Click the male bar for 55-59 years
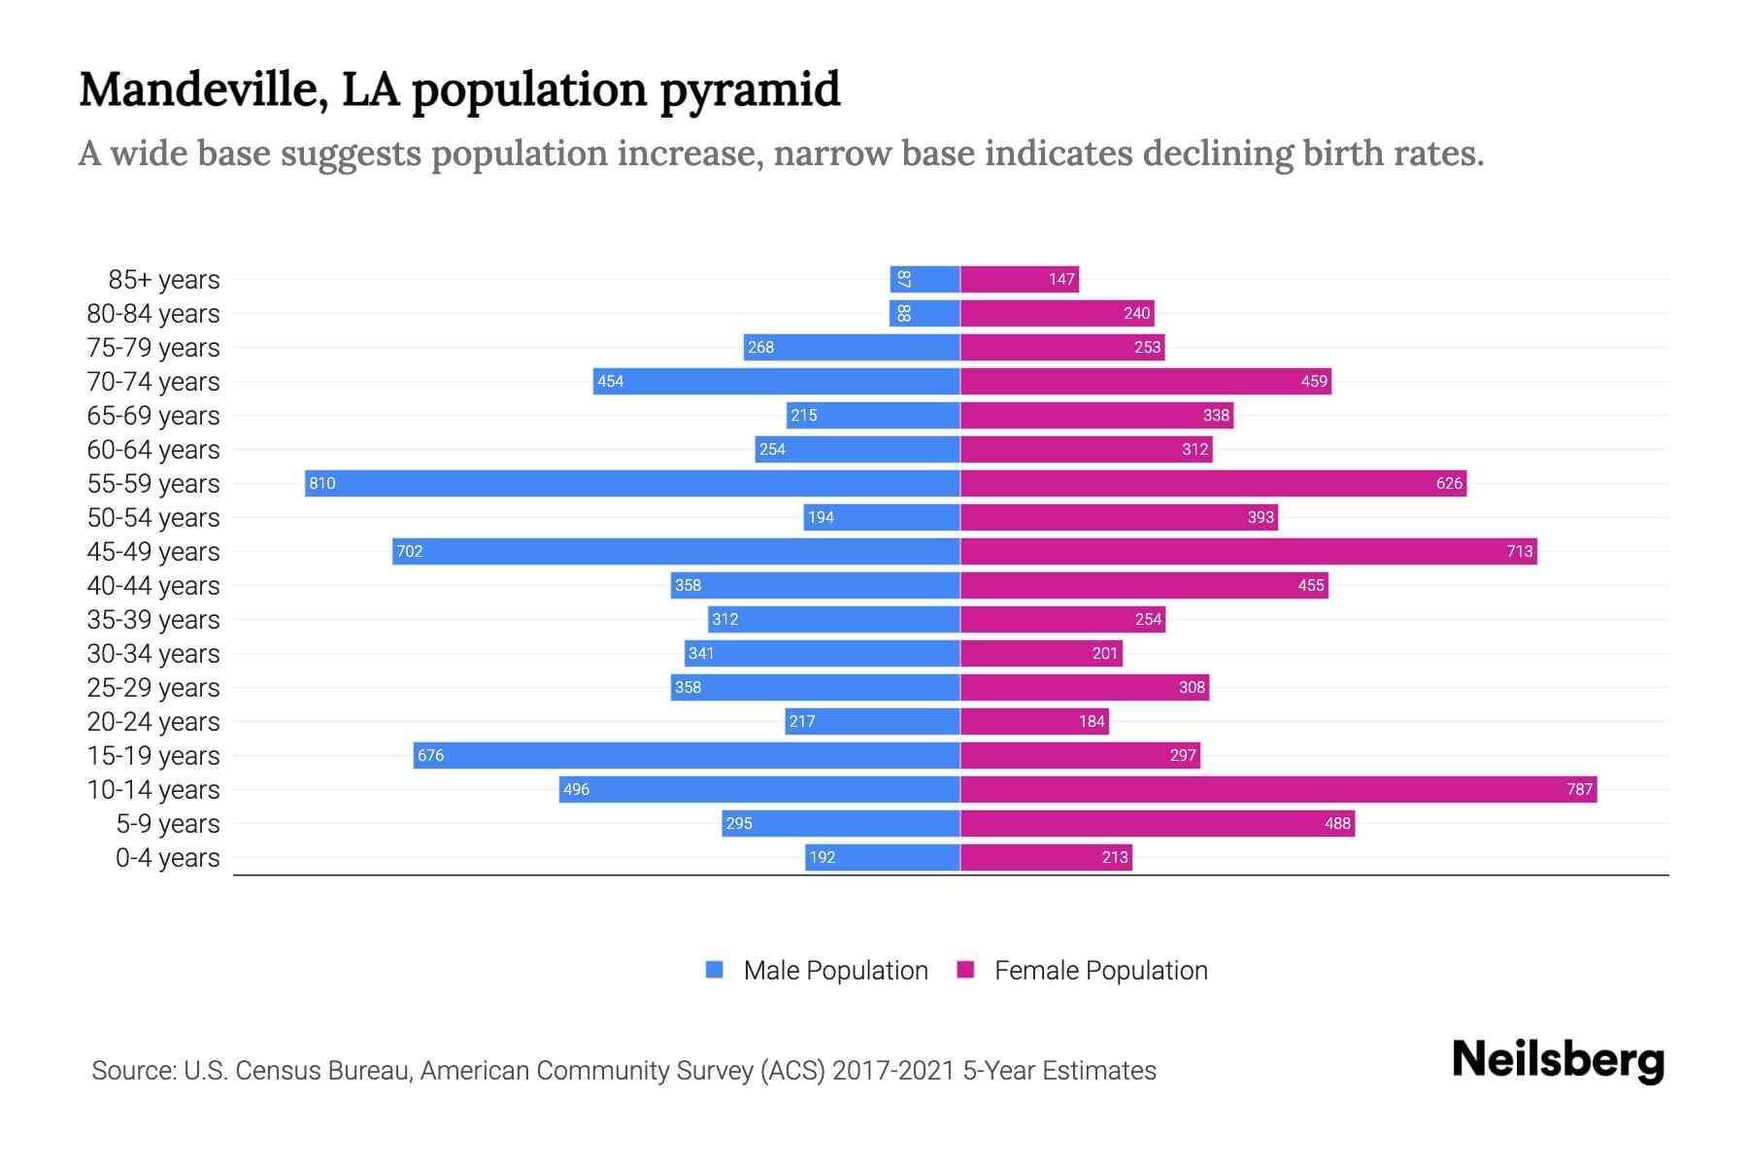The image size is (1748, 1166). coord(631,483)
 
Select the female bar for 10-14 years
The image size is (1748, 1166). coord(1278,789)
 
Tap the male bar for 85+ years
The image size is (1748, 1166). coord(924,279)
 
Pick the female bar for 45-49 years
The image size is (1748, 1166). coord(1248,551)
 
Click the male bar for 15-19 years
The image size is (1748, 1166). coord(687,755)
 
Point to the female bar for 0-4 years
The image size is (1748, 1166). coord(1046,857)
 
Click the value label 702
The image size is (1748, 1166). coord(410,551)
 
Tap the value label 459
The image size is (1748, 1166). coord(1314,381)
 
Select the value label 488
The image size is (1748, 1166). coord(1337,823)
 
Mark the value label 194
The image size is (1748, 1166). coord(821,517)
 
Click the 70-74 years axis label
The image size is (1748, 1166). coord(153,382)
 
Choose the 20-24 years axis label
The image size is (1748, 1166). coord(153,722)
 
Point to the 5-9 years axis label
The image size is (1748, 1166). coord(168,824)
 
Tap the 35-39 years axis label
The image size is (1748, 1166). coord(153,620)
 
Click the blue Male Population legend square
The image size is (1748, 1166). coord(715,970)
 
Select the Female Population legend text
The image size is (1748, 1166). coord(1100,971)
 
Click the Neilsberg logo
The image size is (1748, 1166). coord(1558,1060)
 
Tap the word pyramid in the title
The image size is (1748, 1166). coord(750,89)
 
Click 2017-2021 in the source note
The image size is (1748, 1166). coord(893,1071)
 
